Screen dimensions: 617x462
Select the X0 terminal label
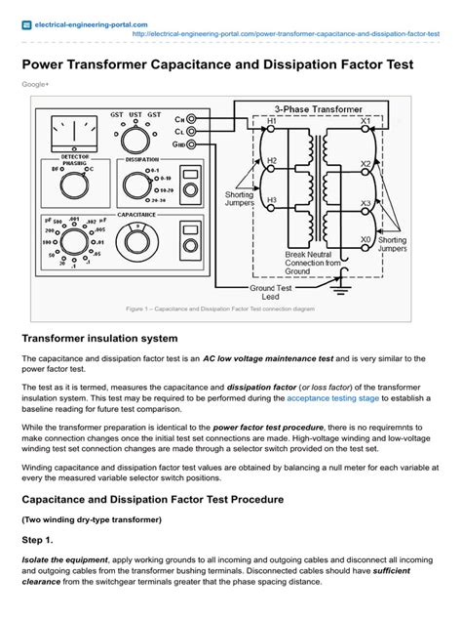coord(366,238)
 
